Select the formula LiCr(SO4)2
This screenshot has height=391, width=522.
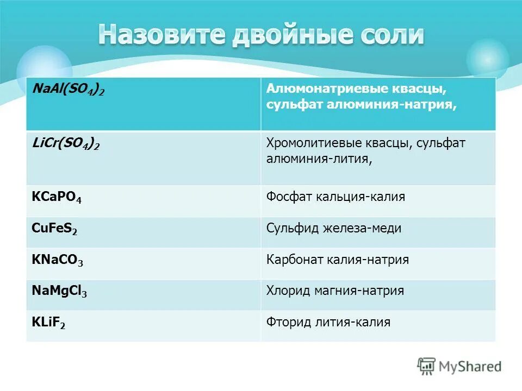66,144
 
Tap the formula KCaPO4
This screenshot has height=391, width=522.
57,198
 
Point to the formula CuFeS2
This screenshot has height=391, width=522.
54,229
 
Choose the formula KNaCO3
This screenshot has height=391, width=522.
58,260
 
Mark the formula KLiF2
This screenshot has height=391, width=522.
49,323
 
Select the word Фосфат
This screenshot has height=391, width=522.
286,197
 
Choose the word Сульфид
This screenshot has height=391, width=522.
291,228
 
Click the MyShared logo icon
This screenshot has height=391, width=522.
427,366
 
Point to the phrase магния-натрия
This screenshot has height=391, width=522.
359,291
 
